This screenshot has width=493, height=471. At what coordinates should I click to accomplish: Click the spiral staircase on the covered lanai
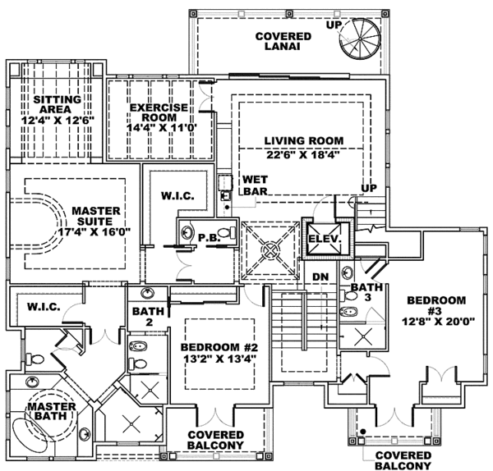(x=360, y=39)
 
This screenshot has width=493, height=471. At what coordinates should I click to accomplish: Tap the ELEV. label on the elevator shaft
(x=325, y=239)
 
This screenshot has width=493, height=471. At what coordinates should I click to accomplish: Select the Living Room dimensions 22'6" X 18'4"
(x=303, y=155)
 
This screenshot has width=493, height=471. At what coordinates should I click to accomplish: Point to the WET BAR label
(x=256, y=185)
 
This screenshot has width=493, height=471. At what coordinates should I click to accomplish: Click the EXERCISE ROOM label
(x=159, y=112)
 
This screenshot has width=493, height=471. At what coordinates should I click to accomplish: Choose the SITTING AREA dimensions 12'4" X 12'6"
(x=58, y=120)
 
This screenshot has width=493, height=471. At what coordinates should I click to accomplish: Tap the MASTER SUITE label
(x=96, y=216)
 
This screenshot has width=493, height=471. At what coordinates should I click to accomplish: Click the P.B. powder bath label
(x=209, y=238)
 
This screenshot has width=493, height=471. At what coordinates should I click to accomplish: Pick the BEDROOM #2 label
(x=219, y=347)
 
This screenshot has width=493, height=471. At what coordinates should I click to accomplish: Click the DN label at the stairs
(x=320, y=277)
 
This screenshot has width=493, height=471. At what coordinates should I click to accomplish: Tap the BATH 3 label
(x=366, y=292)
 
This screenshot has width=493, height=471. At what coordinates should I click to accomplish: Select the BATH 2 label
(x=148, y=317)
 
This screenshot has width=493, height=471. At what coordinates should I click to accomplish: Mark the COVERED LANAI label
(x=283, y=41)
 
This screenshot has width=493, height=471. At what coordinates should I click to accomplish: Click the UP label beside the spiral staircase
(x=334, y=25)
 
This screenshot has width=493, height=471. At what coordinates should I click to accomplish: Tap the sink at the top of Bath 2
(x=147, y=293)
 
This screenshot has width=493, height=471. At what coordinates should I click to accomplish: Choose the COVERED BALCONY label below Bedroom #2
(x=215, y=440)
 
